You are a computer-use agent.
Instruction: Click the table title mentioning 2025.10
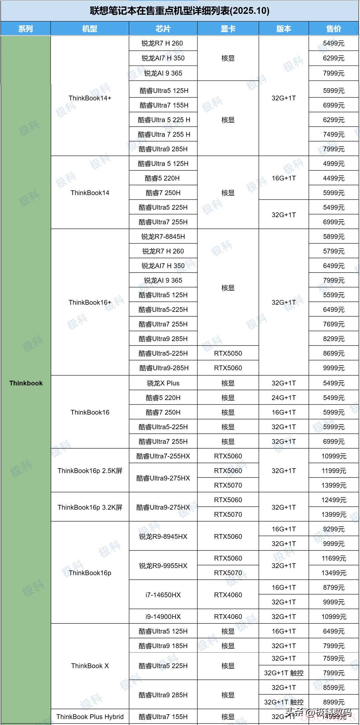click(x=180, y=11)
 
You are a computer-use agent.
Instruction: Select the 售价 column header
click(x=333, y=29)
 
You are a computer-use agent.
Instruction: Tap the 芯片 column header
click(x=163, y=29)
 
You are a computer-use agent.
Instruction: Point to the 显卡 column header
click(x=228, y=29)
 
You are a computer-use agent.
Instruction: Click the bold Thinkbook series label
click(x=26, y=383)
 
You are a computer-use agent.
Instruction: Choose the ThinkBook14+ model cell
click(x=90, y=98)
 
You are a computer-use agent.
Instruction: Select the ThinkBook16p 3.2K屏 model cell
click(x=90, y=507)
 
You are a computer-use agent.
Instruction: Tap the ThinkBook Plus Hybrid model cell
click(x=90, y=717)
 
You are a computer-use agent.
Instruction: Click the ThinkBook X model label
click(x=90, y=666)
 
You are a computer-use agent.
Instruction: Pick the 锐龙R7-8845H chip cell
click(x=163, y=237)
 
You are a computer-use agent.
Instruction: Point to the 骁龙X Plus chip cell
click(x=163, y=383)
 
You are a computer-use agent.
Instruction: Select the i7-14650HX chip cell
click(x=163, y=595)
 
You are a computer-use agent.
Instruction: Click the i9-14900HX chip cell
click(x=163, y=617)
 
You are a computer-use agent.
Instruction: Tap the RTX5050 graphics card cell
click(x=228, y=353)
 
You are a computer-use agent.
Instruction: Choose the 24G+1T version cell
click(x=283, y=398)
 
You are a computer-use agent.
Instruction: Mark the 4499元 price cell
click(x=333, y=178)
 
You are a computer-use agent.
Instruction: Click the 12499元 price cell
click(x=333, y=500)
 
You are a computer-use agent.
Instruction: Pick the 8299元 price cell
click(x=333, y=339)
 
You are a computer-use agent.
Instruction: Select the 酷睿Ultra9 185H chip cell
click(x=163, y=646)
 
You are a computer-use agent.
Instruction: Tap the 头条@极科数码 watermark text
click(x=319, y=712)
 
